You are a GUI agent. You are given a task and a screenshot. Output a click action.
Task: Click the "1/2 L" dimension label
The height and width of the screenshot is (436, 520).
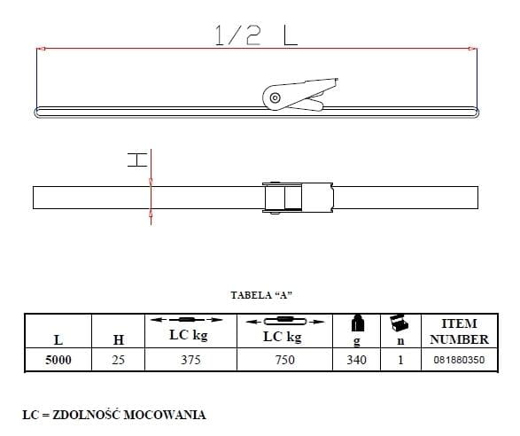(256, 35)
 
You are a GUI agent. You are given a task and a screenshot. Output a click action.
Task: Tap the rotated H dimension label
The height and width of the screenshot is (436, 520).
(137, 160)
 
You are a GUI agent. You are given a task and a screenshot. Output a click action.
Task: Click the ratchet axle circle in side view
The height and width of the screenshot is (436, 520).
(275, 97)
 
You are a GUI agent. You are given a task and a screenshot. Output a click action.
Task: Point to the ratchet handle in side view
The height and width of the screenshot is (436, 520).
(300, 94)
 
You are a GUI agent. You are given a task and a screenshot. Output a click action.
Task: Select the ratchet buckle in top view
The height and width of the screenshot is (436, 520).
(298, 198)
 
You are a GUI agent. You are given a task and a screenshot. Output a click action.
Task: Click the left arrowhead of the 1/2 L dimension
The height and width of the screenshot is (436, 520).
(41, 49)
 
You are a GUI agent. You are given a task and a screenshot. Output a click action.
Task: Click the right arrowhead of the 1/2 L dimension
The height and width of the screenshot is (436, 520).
(473, 49)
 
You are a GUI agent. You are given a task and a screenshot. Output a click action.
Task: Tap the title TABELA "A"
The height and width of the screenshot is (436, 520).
(261, 295)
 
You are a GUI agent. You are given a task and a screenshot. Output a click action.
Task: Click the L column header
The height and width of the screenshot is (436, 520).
(58, 339)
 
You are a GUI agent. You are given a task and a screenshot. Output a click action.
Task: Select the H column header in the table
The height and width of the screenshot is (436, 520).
(119, 339)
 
